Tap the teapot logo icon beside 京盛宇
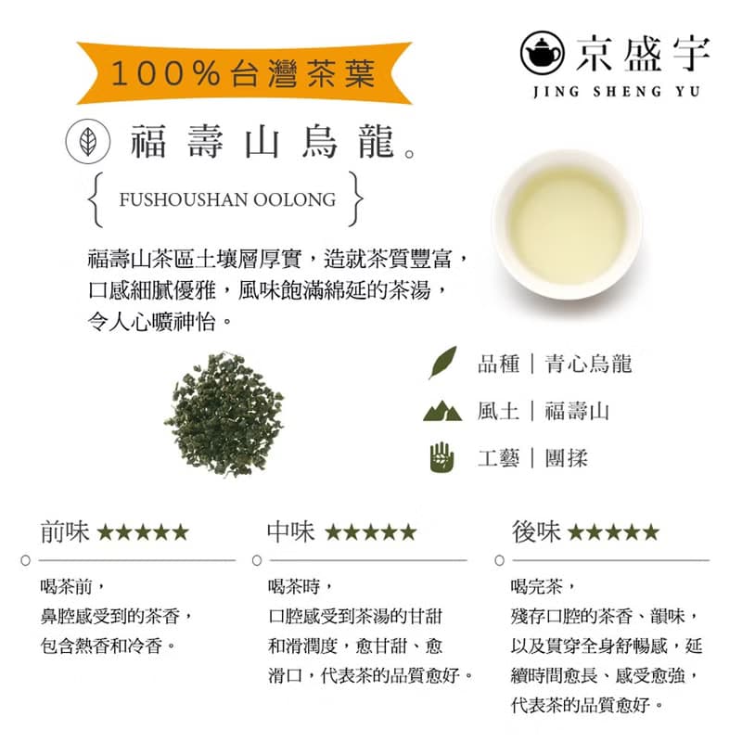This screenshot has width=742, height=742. pyautogui.click(x=542, y=53)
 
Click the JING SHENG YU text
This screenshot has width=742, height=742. pyautogui.click(x=618, y=91)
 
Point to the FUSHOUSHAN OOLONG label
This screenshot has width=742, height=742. pyautogui.click(x=227, y=199)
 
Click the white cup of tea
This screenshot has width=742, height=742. pyautogui.click(x=566, y=223)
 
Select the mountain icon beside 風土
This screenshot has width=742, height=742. pyautogui.click(x=442, y=410)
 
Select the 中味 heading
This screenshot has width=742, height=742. pyautogui.click(x=290, y=531)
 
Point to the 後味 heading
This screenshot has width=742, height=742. pyautogui.click(x=536, y=531)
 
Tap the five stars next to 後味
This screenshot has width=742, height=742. pyautogui.click(x=613, y=532)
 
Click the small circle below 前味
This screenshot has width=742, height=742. pyautogui.click(x=28, y=560)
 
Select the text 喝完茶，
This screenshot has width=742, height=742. pyautogui.click(x=547, y=586)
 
